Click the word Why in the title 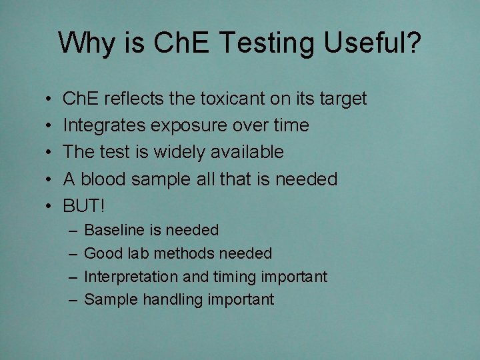[x=83, y=43]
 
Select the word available [x=249, y=152]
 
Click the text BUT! [x=84, y=205]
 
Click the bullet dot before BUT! [x=51, y=206]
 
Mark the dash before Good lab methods [x=72, y=254]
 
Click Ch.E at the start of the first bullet [x=81, y=99]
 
